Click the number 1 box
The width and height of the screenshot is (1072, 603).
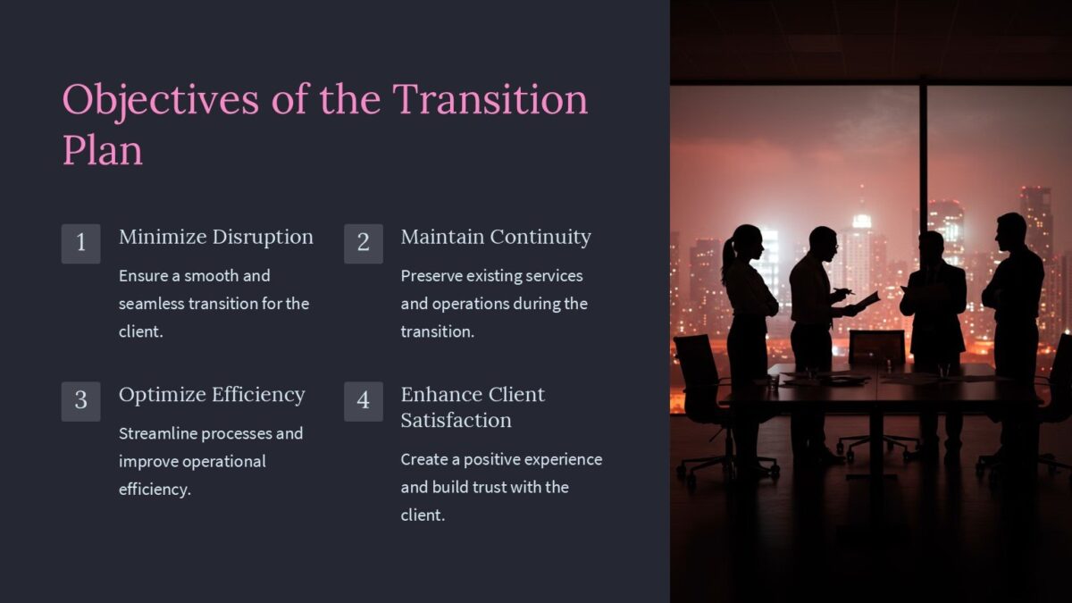pos(80,243)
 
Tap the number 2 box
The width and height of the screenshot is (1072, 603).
pos(363,243)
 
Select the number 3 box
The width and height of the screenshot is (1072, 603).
pos(80,401)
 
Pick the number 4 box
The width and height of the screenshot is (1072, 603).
pos(363,401)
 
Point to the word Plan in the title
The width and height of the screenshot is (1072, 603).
pos(102,150)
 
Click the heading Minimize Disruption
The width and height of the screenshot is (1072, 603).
pos(215,237)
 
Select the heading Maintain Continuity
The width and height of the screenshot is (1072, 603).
pos(496,237)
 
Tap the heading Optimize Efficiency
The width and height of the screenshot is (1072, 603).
pos(212,395)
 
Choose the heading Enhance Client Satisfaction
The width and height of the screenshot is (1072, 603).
pos(472,406)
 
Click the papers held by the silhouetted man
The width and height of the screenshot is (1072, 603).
pos(866,301)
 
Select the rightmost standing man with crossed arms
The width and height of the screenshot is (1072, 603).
pos(1013,295)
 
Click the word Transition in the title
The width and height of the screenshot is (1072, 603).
pos(490,99)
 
